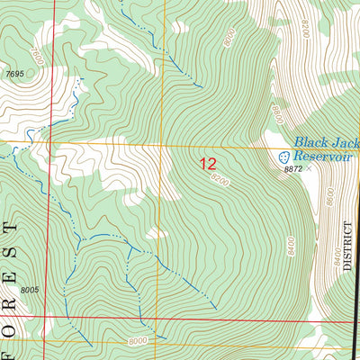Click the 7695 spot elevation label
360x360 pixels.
(x=13, y=73)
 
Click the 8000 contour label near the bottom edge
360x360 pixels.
(x=138, y=341)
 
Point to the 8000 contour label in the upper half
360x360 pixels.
(x=231, y=37)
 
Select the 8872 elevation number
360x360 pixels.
(x=292, y=168)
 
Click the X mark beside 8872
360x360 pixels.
(x=310, y=168)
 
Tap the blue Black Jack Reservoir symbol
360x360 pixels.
(x=282, y=156)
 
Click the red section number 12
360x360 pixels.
(x=208, y=164)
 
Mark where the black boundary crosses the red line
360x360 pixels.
(x=357, y=319)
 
